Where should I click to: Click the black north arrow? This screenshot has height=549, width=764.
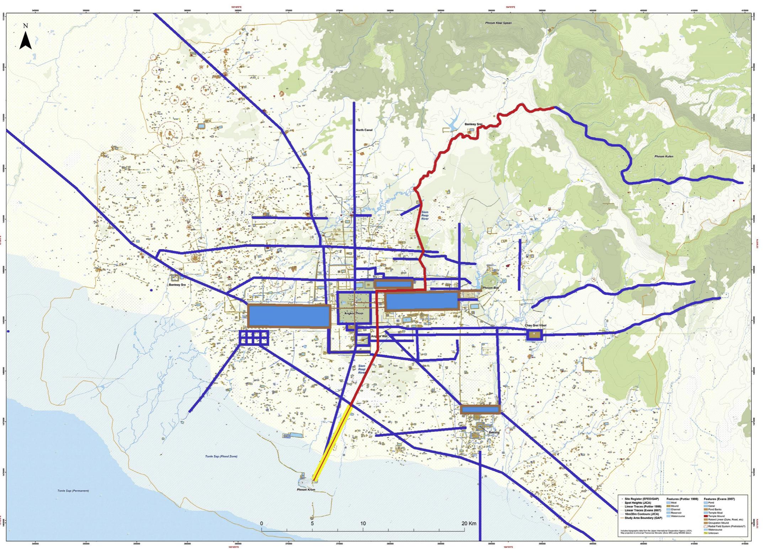click(25, 40)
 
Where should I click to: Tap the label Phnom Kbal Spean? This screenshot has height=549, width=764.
click(498, 23)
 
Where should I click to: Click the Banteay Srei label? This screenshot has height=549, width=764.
click(473, 124)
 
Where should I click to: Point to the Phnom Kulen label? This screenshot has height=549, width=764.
click(664, 156)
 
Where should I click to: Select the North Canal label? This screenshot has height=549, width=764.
click(364, 130)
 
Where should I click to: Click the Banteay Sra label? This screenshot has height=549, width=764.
click(177, 285)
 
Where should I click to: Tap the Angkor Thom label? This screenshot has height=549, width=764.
click(354, 314)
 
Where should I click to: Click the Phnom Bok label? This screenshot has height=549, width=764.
click(491, 288)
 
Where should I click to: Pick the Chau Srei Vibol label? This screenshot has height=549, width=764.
click(536, 325)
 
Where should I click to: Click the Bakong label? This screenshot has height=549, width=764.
click(494, 432)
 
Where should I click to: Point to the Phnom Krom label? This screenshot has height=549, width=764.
click(306, 490)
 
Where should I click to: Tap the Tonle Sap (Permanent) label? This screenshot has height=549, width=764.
click(73, 491)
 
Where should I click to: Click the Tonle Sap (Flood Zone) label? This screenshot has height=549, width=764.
click(221, 456)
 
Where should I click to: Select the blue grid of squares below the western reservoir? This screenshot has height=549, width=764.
click(254, 337)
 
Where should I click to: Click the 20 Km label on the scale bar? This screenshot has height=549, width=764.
click(469, 523)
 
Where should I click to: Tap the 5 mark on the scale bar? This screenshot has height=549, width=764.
click(312, 523)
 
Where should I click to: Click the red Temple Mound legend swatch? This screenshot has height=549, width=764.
click(706, 516)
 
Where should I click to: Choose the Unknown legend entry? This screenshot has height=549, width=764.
click(713, 533)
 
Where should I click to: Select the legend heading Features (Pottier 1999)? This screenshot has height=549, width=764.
click(682, 499)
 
